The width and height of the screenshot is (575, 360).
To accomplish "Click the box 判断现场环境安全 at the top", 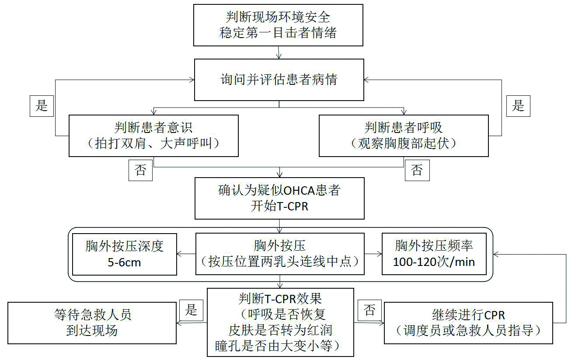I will pos(279,25).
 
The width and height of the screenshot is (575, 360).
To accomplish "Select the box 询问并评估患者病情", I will pos(279,80).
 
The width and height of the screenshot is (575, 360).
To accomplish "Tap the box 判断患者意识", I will pos(153,136).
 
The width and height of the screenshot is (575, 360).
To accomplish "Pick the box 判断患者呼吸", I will pos(404,136).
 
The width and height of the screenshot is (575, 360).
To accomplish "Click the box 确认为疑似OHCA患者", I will pos(279,198).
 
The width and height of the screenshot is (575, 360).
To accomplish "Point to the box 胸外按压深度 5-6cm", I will pos(125,254).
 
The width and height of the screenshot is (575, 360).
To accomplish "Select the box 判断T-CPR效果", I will pos(280,322).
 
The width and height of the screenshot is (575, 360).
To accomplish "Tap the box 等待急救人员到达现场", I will pos(92,322).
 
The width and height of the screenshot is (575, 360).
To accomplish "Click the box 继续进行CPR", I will pos(468,322).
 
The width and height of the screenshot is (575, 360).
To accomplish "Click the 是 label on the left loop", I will pos(42,105).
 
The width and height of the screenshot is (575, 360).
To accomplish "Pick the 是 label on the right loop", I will pos(518,105).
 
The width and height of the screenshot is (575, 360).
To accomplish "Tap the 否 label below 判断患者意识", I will pos(141,170).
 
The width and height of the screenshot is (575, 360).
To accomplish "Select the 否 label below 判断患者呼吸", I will pos(417,170).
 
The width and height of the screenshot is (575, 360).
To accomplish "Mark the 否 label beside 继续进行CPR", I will pos(369,310).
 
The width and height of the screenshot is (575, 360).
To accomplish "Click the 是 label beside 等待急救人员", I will pos(192,310).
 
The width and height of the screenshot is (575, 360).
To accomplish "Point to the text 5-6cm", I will pos(124,262).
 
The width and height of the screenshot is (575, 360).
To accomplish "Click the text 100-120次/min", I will pos(434,262).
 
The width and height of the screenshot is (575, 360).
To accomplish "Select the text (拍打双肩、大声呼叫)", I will pos(153,143).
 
